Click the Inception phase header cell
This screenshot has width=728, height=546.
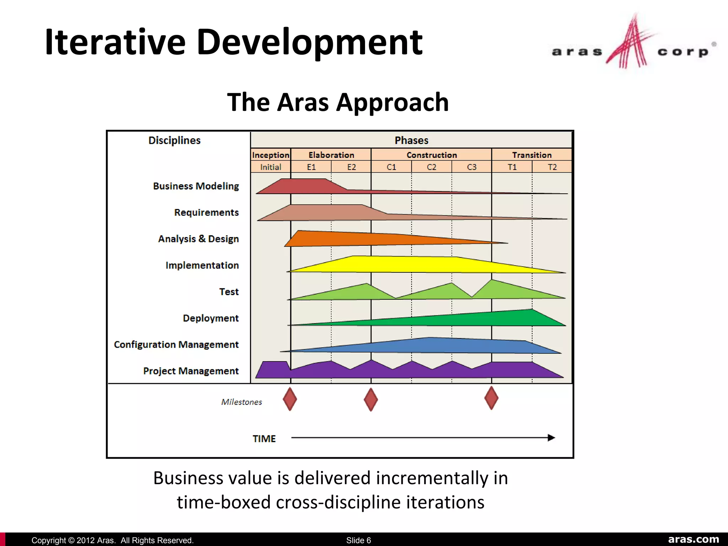tap(271, 155)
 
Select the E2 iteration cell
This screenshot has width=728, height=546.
tap(351, 167)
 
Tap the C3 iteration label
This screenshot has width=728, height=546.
tap(471, 167)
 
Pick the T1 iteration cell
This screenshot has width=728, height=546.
tap(512, 167)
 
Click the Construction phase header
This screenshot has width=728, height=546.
tap(432, 155)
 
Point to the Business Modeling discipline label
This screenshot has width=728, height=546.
tap(196, 186)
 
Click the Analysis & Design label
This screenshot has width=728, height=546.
tap(198, 239)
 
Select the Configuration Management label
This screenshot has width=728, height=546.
tap(176, 344)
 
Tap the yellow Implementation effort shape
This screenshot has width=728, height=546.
tap(409, 264)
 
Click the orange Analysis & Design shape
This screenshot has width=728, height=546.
tap(355, 239)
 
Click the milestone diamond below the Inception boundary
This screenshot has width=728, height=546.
tap(290, 399)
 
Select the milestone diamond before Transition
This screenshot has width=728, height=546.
tap(491, 398)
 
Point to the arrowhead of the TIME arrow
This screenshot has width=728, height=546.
tap(551, 438)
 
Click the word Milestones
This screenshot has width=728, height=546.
tap(241, 402)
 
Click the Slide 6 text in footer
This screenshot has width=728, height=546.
tap(358, 540)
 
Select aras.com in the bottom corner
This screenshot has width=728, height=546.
tap(693, 539)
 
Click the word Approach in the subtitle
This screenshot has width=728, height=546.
tap(392, 102)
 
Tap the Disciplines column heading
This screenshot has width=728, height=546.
tap(174, 140)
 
